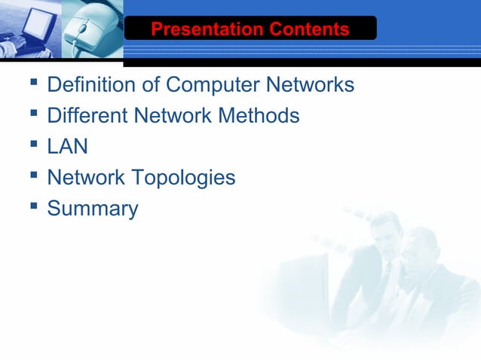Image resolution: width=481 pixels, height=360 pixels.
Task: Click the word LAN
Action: [x=67, y=147]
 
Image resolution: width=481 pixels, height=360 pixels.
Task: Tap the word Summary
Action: [x=92, y=209]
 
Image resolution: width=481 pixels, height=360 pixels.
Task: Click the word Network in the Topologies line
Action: [x=85, y=178]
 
